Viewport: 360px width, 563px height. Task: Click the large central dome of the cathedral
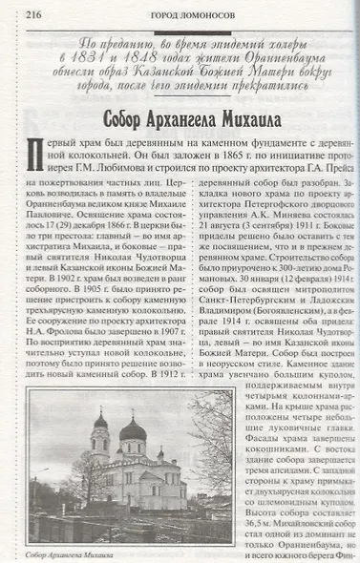tap(130, 428)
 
